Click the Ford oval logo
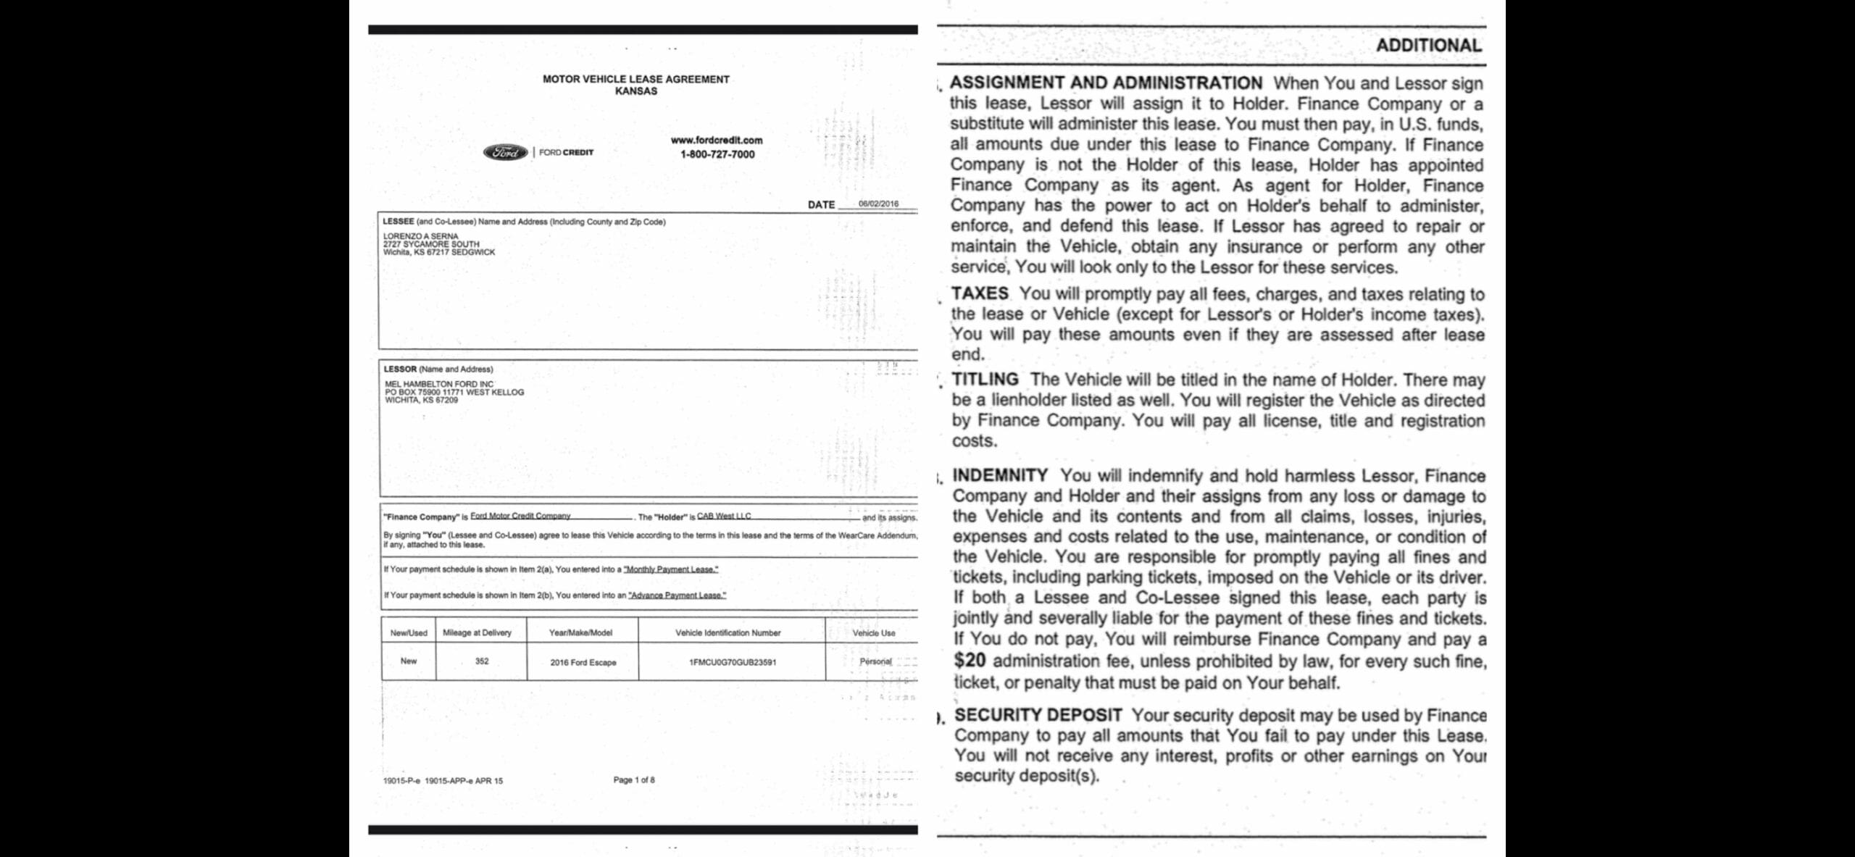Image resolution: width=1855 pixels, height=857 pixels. [x=505, y=152]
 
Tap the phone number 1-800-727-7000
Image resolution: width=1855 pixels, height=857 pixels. [x=717, y=154]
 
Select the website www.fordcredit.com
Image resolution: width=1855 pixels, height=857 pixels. [x=717, y=140]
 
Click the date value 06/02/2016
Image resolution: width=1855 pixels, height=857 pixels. [x=878, y=204]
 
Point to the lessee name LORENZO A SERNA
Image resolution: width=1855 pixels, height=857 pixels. [x=420, y=236]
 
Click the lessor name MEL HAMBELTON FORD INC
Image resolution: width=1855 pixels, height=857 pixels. [x=439, y=384]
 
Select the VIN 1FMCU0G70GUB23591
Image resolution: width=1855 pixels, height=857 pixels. [x=733, y=662]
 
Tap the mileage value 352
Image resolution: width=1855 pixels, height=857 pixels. [x=482, y=661]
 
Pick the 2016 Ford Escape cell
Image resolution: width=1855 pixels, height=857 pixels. [x=583, y=662]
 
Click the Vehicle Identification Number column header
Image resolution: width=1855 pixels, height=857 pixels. [x=728, y=632]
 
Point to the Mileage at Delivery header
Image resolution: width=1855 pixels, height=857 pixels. [x=477, y=632]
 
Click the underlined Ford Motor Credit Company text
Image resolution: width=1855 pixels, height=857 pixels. [x=520, y=516]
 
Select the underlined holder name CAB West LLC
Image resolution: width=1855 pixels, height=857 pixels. [x=723, y=516]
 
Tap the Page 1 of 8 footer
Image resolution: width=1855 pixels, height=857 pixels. [x=634, y=779]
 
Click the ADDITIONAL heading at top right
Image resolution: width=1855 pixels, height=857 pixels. [x=1428, y=46]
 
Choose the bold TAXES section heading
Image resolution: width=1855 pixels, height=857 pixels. [x=980, y=293]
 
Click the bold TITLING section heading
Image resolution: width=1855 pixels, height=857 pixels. [x=985, y=379]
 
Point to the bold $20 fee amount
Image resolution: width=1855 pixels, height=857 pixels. [x=970, y=660]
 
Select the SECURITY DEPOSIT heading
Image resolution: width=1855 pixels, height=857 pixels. [x=1038, y=715]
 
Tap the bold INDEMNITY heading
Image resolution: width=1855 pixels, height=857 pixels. [x=1000, y=475]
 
